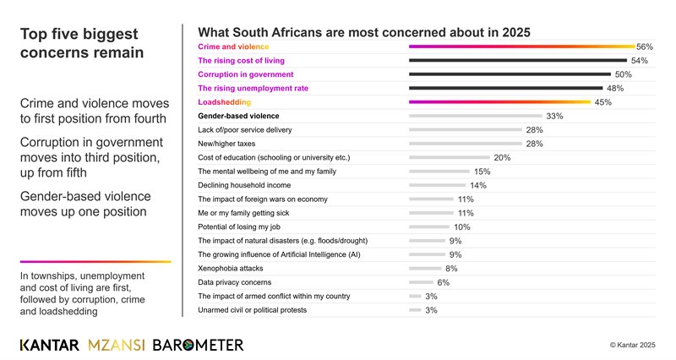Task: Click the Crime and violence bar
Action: [x=521, y=46]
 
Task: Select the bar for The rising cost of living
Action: [x=517, y=61]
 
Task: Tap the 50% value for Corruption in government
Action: [x=624, y=74]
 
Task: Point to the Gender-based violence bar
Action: [x=476, y=116]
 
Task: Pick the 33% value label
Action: [x=555, y=116]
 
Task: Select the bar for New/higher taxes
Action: [x=466, y=144]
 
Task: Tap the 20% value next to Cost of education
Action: [x=502, y=157]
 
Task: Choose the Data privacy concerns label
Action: [x=235, y=282]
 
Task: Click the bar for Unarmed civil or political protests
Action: [x=415, y=310]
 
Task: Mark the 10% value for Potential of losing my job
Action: [x=462, y=226]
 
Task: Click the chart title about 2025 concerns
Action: [x=363, y=32]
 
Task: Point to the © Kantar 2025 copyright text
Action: [x=632, y=346]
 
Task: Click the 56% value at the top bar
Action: [x=646, y=46]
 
